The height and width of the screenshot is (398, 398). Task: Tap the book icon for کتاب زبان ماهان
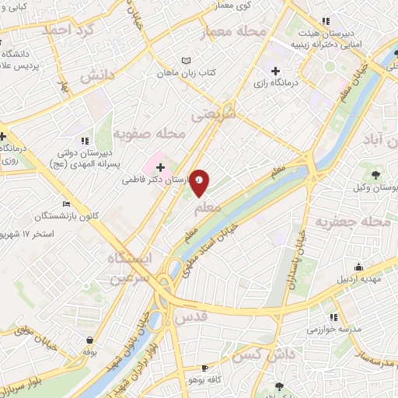click(185, 60)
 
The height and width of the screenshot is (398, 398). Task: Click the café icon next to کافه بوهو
click(204, 368)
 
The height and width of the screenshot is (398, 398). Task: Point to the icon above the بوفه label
click(92, 340)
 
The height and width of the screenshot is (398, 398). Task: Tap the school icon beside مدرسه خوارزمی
click(333, 317)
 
